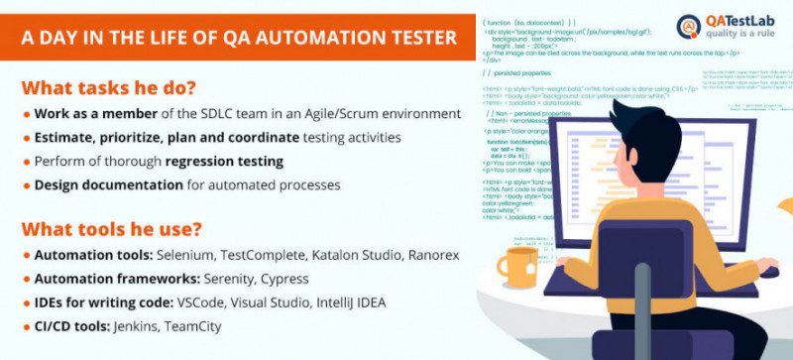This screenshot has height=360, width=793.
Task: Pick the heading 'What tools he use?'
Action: (x=112, y=229)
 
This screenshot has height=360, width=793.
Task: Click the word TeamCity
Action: (x=193, y=326)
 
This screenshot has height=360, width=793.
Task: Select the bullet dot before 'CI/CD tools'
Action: (x=27, y=327)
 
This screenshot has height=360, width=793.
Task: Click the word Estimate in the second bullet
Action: (x=65, y=138)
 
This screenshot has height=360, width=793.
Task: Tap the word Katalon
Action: (x=327, y=256)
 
